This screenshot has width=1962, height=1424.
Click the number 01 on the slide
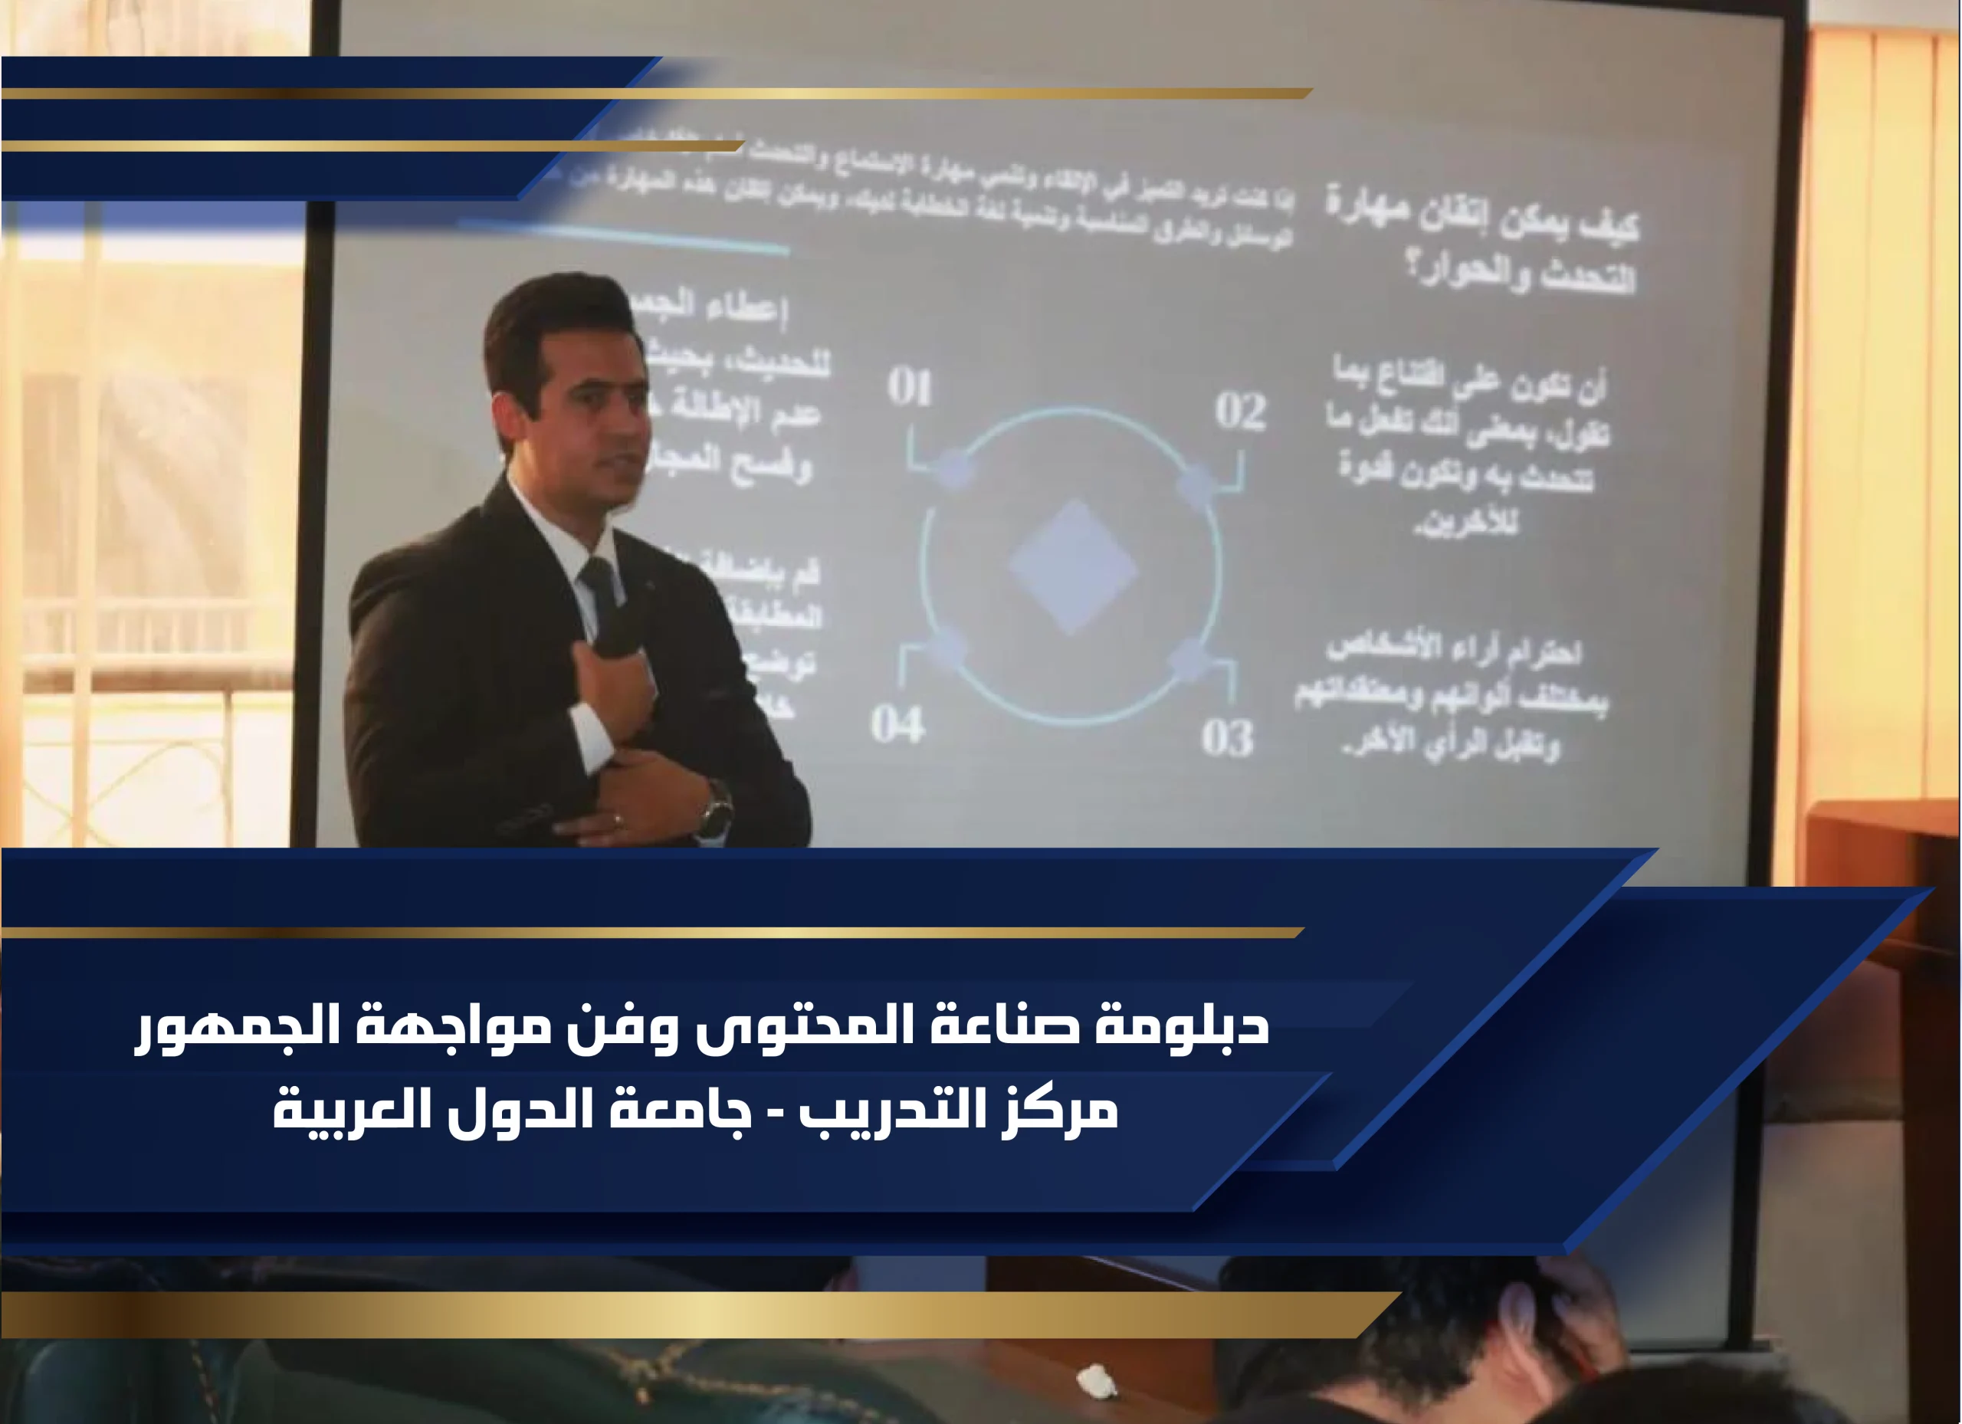tap(909, 387)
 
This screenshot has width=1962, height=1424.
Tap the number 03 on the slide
tap(1227, 738)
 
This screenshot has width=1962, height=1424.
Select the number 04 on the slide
tap(897, 724)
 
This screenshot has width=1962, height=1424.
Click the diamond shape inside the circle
tap(1073, 567)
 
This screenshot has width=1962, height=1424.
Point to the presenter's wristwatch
tap(717, 809)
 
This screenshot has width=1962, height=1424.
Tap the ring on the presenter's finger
tap(616, 819)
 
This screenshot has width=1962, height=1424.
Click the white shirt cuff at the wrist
tap(592, 735)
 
